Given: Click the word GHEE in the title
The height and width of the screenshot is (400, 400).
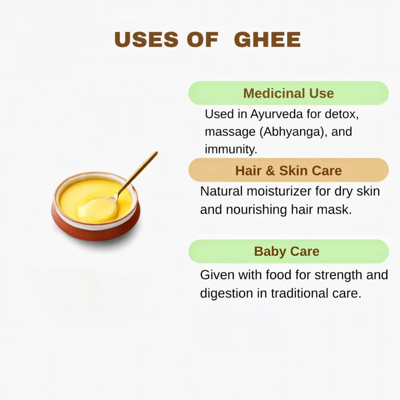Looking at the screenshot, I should coord(267,40).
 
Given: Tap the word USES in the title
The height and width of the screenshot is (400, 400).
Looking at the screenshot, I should coord(146,40).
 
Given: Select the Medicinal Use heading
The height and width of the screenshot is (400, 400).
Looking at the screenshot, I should coord(288,93).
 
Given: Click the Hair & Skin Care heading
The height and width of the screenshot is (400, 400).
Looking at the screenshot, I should coord(288,170).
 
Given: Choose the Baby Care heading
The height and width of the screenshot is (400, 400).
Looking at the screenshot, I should coord(287,251).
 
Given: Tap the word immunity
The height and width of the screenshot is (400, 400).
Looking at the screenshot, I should coord(229,149).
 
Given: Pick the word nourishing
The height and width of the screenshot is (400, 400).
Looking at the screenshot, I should coord(263,210).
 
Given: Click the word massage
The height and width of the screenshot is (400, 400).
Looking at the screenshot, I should coord(230,132).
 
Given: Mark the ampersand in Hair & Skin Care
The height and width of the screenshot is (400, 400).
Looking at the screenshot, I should coord(270,171).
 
